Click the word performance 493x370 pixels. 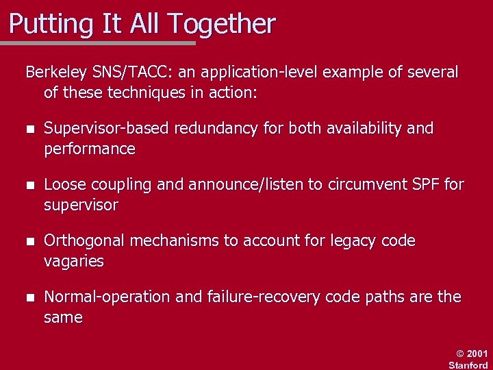[89, 149]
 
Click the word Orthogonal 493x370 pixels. [84, 241]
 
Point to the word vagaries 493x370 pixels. [74, 262]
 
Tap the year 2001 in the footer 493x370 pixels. [477, 354]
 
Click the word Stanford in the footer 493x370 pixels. [468, 365]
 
